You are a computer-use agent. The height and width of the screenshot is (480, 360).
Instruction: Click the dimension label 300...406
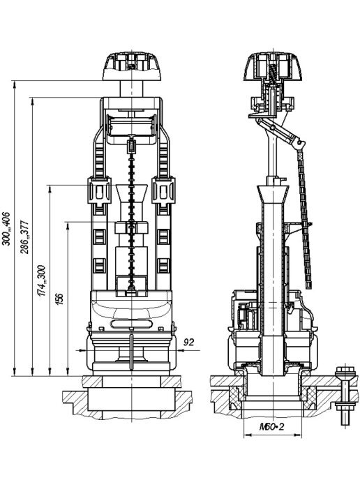tap(6, 229)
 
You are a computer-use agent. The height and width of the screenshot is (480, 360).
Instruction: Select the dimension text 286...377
tap(24, 237)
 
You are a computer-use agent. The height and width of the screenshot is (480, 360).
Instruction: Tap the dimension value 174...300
tap(42, 280)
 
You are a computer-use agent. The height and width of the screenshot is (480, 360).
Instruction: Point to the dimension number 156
tap(60, 299)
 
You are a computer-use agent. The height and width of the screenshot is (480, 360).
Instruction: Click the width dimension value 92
tap(188, 342)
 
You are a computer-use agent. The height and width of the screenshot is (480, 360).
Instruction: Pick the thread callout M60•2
tap(272, 426)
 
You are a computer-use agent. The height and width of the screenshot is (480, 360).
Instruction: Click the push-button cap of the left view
tap(132, 66)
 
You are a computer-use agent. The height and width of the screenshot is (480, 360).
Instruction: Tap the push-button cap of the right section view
tap(273, 66)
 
